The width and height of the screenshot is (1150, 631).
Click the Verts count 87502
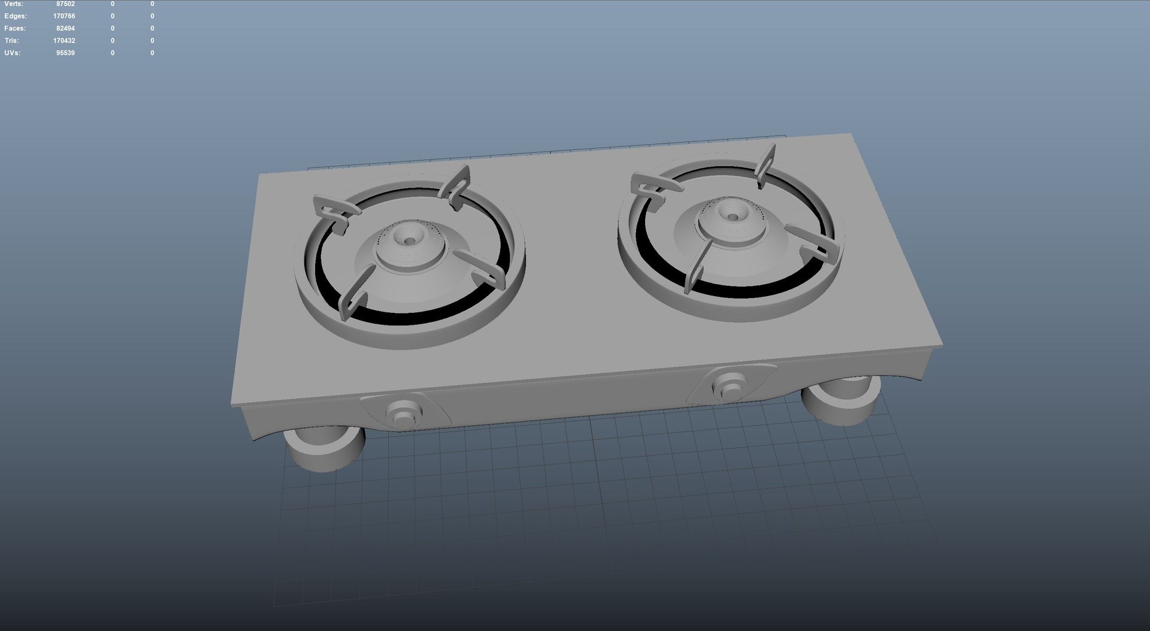click(x=65, y=4)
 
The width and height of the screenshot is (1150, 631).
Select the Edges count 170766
click(x=64, y=16)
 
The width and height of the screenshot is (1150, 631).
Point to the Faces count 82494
click(x=65, y=29)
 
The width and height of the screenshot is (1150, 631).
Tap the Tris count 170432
click(x=64, y=41)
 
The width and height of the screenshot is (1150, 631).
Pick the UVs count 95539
click(x=65, y=53)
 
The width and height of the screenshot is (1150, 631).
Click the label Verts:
click(x=13, y=4)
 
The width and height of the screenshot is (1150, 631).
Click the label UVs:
click(x=12, y=53)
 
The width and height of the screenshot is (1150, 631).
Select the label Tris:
click(x=11, y=41)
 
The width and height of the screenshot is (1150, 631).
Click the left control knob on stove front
click(x=404, y=413)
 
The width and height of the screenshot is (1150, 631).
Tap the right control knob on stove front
click(x=730, y=385)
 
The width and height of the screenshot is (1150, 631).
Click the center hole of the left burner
click(x=410, y=241)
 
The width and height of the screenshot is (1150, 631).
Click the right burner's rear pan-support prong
click(x=765, y=163)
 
